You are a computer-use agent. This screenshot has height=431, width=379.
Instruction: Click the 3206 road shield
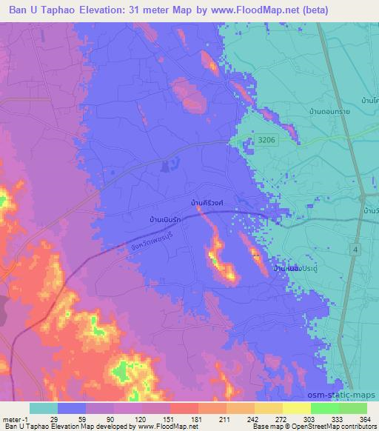click(x=267, y=139)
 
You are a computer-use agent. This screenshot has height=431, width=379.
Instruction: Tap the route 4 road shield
click(x=355, y=251)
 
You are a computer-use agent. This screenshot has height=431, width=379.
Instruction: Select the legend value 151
click(x=167, y=418)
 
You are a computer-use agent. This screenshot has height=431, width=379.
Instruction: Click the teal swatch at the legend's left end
click(x=44, y=408)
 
